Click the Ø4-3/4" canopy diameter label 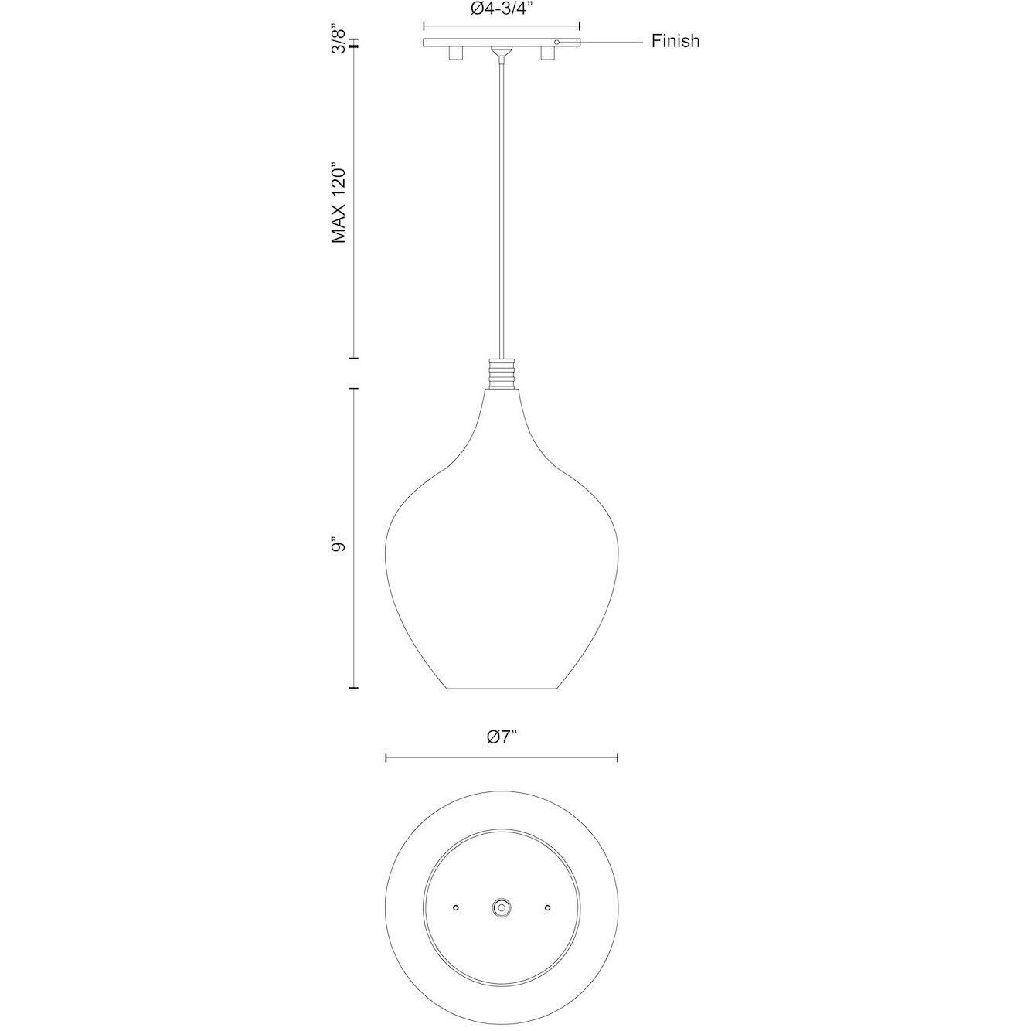tap(502, 9)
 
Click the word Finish tap(675, 41)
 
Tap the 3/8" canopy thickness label tap(336, 39)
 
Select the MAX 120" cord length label tap(338, 202)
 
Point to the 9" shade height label tap(338, 546)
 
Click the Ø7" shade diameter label tap(502, 737)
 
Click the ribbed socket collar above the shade tap(502, 373)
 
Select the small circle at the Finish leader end tap(556, 42)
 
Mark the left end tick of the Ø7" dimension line tap(386, 758)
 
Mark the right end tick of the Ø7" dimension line tap(618, 758)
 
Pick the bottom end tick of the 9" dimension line tap(355, 687)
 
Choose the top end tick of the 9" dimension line tap(355, 389)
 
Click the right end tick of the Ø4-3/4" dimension tap(580, 25)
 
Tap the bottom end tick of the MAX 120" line tap(355, 358)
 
